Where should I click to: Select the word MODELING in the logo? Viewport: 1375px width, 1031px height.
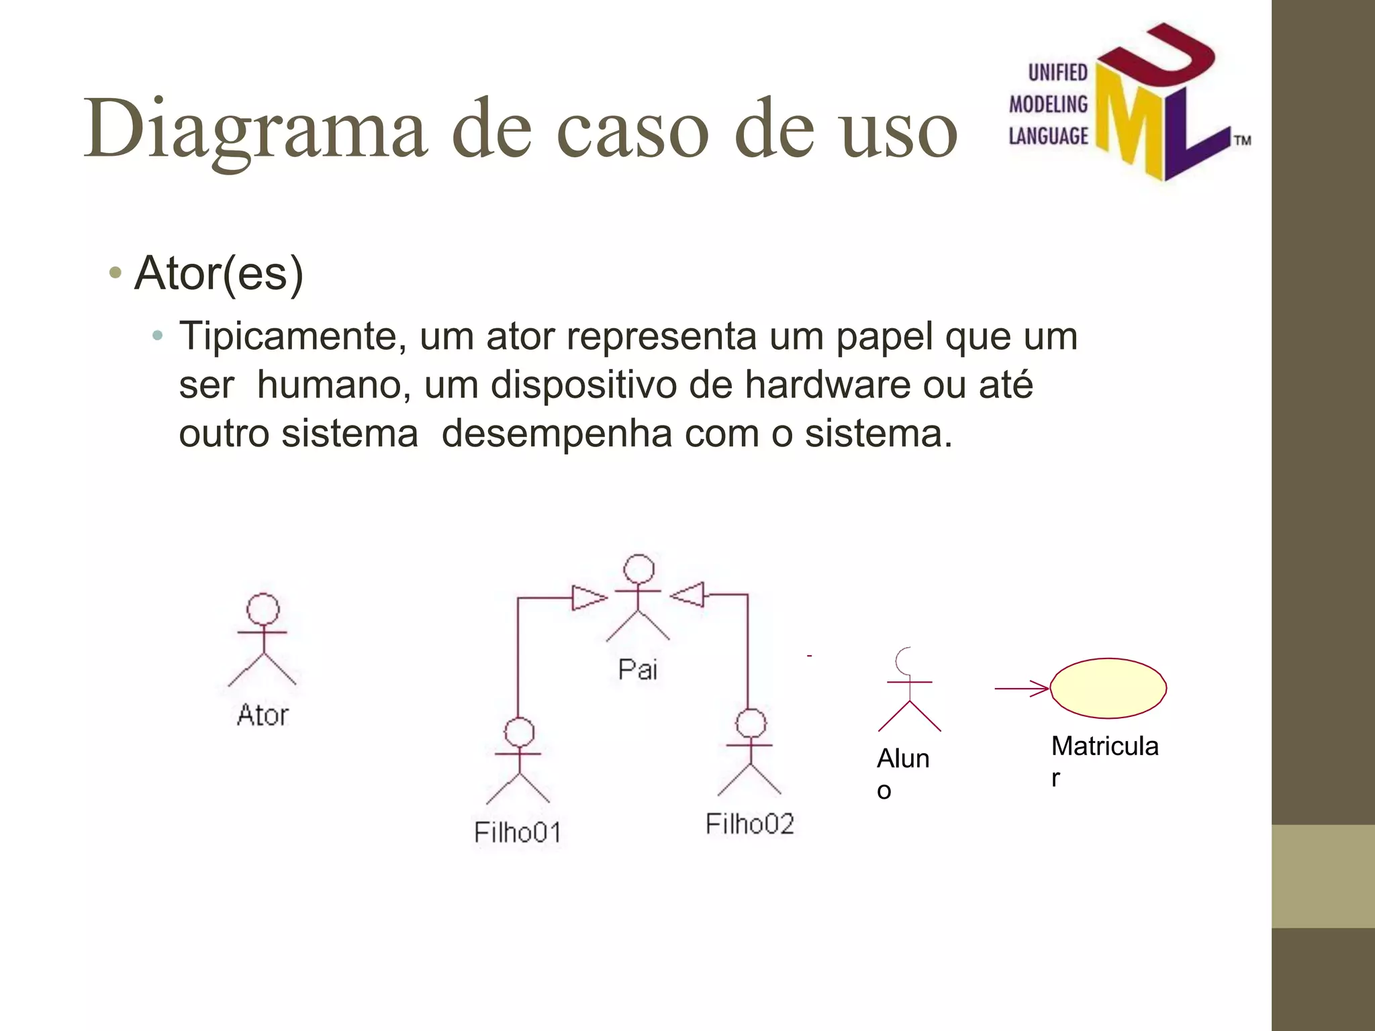(1048, 104)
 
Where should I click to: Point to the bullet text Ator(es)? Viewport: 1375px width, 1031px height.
(219, 273)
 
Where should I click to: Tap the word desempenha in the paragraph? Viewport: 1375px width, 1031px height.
(557, 434)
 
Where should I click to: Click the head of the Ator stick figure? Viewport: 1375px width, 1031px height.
(263, 609)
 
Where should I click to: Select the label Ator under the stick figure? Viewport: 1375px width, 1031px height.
(263, 715)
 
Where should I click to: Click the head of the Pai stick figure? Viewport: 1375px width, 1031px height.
(638, 569)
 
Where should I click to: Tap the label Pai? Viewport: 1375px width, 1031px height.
(637, 669)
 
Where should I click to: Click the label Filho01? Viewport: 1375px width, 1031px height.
(517, 832)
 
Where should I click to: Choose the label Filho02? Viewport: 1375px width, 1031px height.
(749, 824)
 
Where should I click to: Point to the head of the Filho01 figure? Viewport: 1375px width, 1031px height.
(519, 732)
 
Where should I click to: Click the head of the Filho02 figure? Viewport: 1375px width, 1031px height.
(751, 724)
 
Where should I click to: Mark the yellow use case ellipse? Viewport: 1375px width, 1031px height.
(1108, 688)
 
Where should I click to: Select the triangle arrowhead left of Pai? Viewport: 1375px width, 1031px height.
(589, 597)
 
